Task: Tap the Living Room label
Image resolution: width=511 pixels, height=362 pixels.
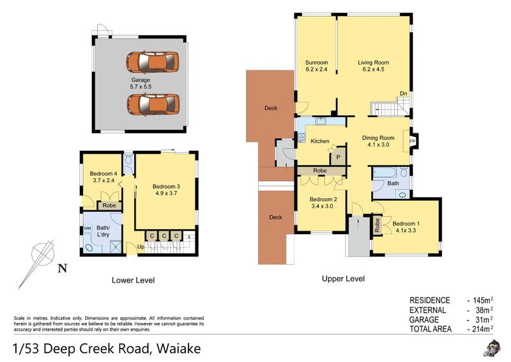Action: click(373, 63)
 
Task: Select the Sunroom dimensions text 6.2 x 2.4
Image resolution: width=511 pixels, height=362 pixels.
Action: click(316, 70)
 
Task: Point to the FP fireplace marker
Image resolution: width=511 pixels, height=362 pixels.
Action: click(412, 141)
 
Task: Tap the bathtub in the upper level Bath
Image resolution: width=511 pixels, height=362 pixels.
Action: click(388, 173)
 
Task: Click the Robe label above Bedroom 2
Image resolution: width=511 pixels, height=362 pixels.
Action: click(320, 171)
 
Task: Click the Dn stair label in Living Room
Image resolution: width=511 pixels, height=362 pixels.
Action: click(403, 94)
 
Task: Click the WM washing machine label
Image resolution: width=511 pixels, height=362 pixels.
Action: click(87, 227)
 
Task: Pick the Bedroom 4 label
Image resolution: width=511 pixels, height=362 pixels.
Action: click(103, 173)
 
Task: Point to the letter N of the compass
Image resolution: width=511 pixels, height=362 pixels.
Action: click(61, 269)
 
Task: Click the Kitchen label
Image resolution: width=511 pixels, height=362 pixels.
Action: click(320, 141)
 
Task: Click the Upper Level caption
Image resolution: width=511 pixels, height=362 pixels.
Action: click(344, 279)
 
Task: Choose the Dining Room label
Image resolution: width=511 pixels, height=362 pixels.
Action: click(378, 138)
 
